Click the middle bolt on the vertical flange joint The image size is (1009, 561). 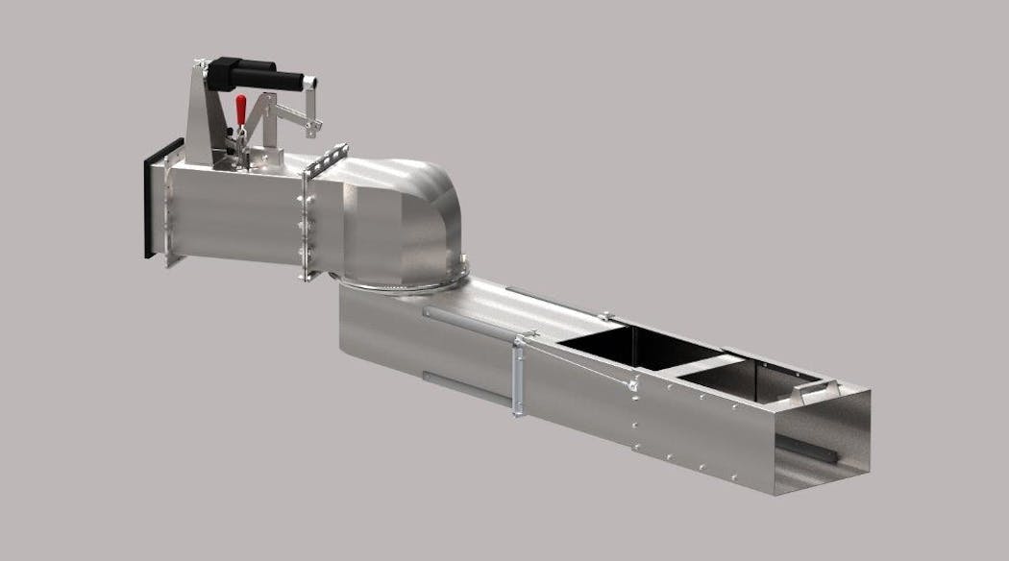307,223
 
